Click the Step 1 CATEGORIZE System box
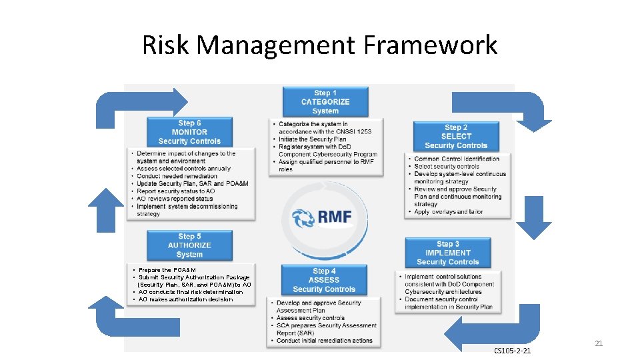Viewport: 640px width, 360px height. (325, 101)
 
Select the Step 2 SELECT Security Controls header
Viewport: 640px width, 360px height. (456, 136)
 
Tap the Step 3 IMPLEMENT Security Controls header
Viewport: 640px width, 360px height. (447, 253)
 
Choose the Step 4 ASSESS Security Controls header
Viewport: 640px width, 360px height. (324, 280)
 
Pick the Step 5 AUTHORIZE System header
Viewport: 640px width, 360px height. (189, 245)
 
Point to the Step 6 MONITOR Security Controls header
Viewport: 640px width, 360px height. (189, 132)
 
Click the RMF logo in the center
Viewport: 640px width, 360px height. (323, 217)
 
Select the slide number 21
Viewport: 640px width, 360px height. (598, 343)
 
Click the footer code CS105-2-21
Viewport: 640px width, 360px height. (512, 351)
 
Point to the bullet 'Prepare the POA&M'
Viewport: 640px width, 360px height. (167, 270)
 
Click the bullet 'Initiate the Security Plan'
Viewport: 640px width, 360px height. (312, 139)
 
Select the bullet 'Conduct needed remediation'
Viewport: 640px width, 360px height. (177, 176)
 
